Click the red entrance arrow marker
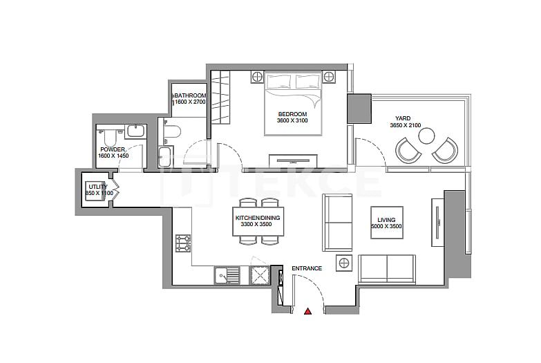click(308, 313)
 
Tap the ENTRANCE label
click(306, 268)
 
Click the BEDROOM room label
click(292, 113)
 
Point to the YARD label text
click(402, 118)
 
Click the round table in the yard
click(426, 135)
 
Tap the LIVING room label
click(386, 219)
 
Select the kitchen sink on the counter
click(224, 276)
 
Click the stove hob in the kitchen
click(183, 244)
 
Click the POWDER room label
click(113, 149)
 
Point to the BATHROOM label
click(189, 95)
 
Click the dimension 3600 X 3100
click(292, 121)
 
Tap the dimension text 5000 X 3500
click(386, 226)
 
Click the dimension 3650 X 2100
click(405, 126)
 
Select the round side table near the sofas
click(343, 263)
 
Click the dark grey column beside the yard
click(359, 109)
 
